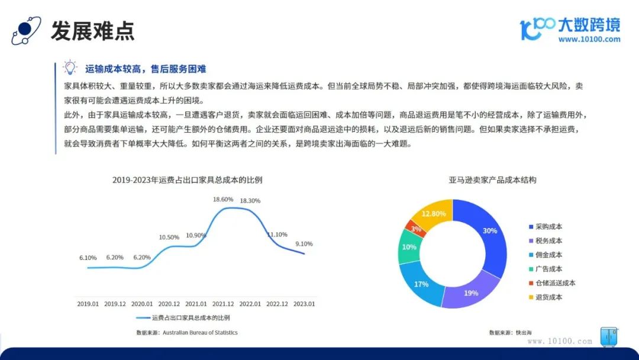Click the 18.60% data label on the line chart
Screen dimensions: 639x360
tap(223, 200)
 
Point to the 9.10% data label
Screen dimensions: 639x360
tap(304, 244)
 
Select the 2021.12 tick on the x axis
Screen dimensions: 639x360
tap(223, 304)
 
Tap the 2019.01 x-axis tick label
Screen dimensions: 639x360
tap(88, 304)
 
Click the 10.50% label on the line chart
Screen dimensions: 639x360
tap(169, 237)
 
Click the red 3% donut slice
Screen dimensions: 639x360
tap(416, 229)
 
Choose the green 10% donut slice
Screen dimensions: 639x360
tap(409, 247)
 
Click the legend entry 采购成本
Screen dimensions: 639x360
tap(546, 227)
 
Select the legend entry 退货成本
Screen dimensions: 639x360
tap(546, 297)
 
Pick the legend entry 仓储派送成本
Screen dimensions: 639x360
tap(552, 283)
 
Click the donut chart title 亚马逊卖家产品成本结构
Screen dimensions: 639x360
tap(492, 180)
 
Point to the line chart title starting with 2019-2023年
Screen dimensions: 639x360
tap(188, 180)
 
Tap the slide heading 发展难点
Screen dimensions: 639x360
tap(92, 31)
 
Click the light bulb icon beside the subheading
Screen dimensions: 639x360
tap(70, 67)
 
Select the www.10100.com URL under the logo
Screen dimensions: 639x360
tap(589, 39)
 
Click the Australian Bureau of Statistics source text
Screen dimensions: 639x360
tap(200, 332)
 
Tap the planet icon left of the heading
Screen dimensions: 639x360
tap(26, 31)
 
